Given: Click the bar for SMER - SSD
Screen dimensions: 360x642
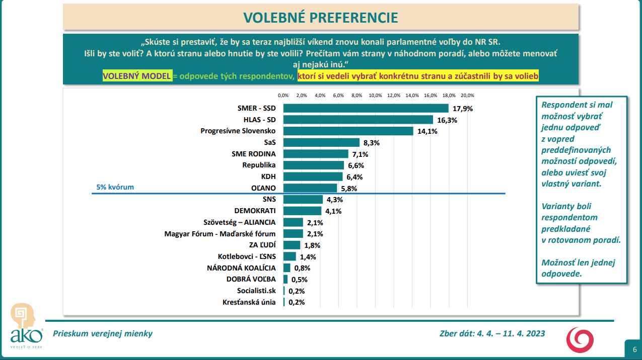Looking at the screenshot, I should click(366, 108).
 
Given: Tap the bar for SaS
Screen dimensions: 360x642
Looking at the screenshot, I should click(321, 142).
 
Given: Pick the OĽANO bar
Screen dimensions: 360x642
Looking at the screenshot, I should click(310, 188).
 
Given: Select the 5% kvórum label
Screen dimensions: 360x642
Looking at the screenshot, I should click(115, 187).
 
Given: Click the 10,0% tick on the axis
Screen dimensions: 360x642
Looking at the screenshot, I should click(375, 95).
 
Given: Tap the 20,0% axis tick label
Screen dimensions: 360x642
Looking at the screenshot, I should click(467, 95).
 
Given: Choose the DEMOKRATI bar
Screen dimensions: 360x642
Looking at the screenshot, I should click(302, 211).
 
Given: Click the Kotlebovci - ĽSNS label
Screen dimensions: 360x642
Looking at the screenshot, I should click(247, 256).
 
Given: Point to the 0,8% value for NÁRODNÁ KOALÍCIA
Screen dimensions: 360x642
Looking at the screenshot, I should click(302, 268).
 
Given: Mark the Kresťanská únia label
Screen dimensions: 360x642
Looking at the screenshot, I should click(249, 302).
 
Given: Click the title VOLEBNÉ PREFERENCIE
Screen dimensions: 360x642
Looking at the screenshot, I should click(321, 18).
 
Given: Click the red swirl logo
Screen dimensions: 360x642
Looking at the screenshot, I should click(580, 339).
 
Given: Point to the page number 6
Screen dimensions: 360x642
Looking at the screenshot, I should click(634, 349).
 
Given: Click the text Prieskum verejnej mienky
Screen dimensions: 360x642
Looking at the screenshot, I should click(103, 333).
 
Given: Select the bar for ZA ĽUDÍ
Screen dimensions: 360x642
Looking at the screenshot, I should click(292, 245).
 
